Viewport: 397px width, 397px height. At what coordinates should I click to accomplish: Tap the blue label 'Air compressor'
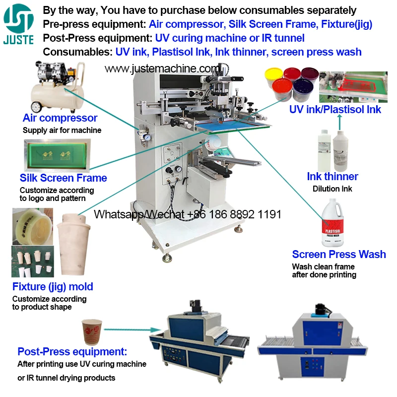click(60, 118)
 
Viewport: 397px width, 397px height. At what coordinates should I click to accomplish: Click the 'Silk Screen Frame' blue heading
click(63, 178)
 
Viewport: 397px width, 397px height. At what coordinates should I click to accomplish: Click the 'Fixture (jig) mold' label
click(53, 286)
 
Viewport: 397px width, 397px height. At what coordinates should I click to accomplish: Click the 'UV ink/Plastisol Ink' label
click(335, 109)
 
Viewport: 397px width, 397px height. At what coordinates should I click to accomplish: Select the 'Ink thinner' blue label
click(332, 177)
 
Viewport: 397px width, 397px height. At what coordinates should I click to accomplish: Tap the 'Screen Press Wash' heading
click(338, 254)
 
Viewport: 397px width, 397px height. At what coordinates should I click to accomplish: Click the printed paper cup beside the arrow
click(92, 331)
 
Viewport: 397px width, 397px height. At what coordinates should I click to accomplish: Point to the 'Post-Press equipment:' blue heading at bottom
click(72, 352)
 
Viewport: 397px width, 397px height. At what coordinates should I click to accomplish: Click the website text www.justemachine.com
click(161, 68)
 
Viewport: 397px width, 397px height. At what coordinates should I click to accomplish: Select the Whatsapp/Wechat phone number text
click(188, 214)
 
